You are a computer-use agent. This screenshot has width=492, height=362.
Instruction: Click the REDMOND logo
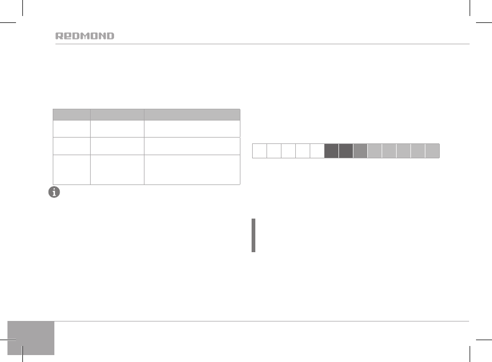click(x=85, y=36)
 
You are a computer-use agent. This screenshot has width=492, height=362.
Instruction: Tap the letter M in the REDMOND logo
click(x=84, y=36)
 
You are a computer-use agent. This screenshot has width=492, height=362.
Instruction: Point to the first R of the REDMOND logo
click(x=59, y=36)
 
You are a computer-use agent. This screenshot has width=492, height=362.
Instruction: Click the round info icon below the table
click(x=54, y=192)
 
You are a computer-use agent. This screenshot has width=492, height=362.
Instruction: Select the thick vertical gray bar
click(x=254, y=236)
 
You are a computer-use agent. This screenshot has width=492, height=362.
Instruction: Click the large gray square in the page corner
click(x=31, y=338)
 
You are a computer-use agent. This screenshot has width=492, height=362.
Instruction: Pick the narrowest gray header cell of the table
click(x=71, y=115)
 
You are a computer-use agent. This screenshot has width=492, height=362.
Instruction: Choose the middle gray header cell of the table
click(x=117, y=115)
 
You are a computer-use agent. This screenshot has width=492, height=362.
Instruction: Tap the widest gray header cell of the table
click(x=192, y=115)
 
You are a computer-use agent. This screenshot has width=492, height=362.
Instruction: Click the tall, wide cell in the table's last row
click(x=192, y=170)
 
